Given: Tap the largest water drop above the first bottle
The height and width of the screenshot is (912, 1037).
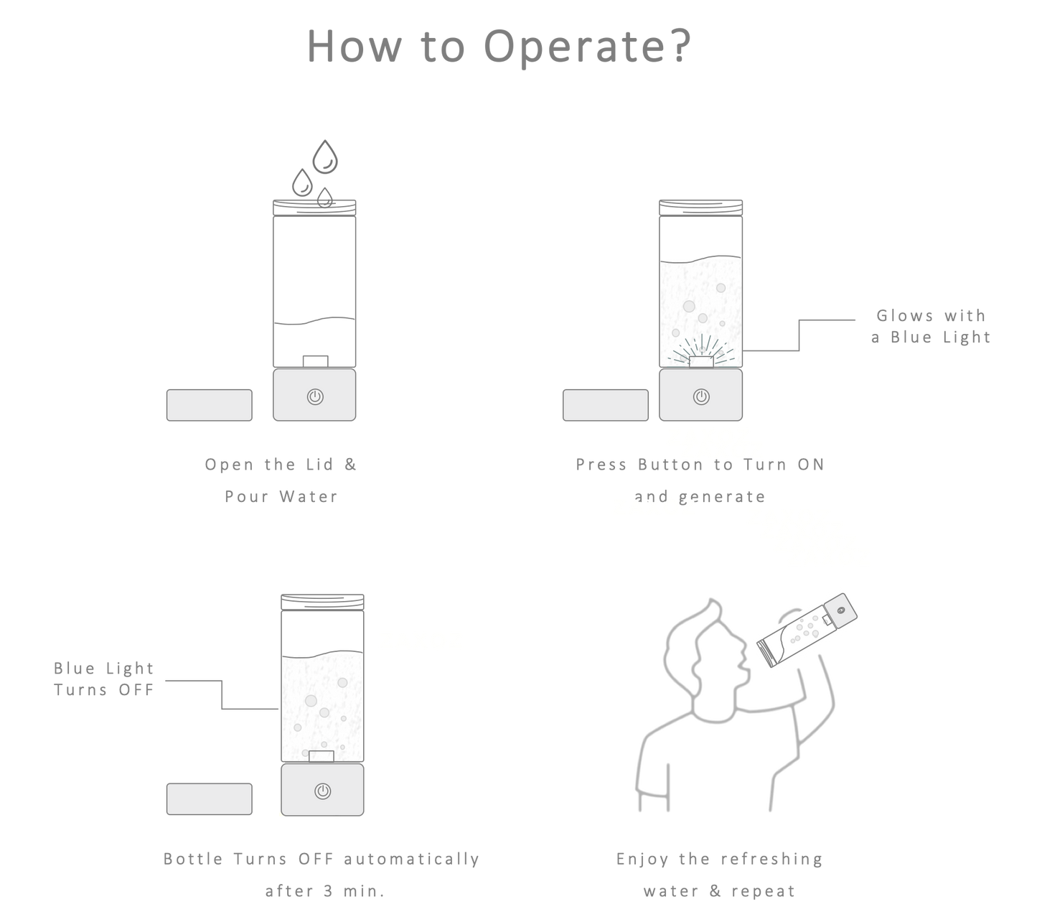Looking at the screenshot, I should coord(327,155).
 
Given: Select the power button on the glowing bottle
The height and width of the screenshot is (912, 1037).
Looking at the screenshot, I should coord(702,396).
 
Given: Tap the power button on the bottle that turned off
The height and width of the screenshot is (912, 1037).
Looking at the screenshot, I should coord(323,791).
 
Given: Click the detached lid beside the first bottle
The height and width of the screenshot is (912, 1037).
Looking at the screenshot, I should coord(209,405).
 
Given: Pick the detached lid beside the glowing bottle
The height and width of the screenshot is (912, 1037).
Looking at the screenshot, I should coord(606,405).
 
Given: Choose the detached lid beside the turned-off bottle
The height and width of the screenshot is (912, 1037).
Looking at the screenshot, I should coord(209,799).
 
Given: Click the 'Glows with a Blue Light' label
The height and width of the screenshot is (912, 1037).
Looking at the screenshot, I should coord(931,326).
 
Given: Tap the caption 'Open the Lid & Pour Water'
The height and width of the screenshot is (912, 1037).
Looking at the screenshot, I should coord(280,480).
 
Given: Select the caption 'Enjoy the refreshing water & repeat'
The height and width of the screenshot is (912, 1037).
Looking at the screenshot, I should coord(718,875).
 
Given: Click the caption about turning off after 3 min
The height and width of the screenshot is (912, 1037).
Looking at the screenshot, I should coord(321,875).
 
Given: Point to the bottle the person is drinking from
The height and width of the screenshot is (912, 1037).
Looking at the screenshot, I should coord(807,627).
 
